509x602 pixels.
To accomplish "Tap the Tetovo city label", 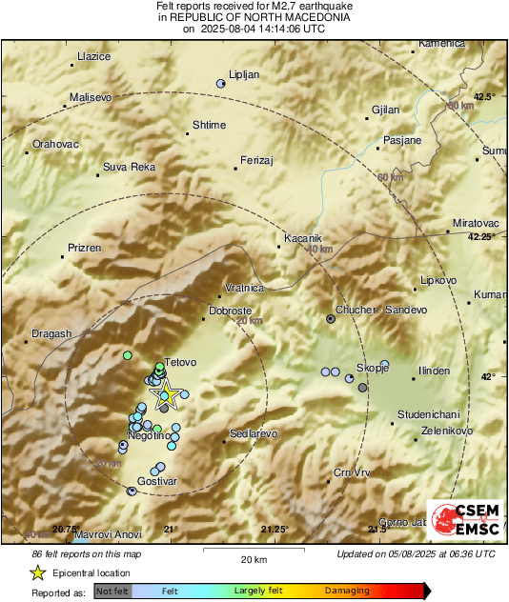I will pyautogui.click(x=180, y=363).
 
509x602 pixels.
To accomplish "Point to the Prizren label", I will pyautogui.click(x=84, y=248).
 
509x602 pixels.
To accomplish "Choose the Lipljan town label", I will pyautogui.click(x=244, y=74).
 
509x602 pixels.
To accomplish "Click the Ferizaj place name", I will pyautogui.click(x=257, y=160).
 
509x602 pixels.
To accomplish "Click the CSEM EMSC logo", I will pyautogui.click(x=463, y=519).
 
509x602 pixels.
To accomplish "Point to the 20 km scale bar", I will pyautogui.click(x=252, y=552).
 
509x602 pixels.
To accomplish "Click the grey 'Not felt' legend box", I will pyautogui.click(x=112, y=591).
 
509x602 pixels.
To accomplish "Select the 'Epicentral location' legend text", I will pyautogui.click(x=92, y=572).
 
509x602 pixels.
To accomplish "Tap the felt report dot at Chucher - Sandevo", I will pyautogui.click(x=331, y=319).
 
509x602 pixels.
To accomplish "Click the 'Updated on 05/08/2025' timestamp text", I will pyautogui.click(x=416, y=553).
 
